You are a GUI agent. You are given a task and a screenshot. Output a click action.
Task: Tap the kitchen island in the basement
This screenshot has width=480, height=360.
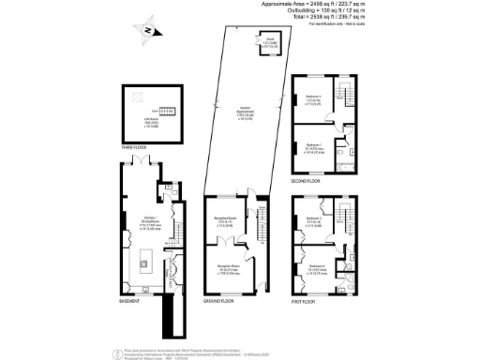[x=145, y=256]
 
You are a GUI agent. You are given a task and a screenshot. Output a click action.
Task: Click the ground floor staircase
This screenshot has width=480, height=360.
[x=262, y=230]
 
